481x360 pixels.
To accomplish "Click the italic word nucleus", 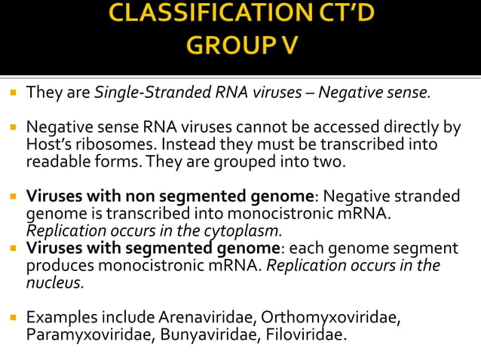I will (55, 282).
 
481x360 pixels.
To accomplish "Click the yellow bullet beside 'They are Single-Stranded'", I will (13, 94).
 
